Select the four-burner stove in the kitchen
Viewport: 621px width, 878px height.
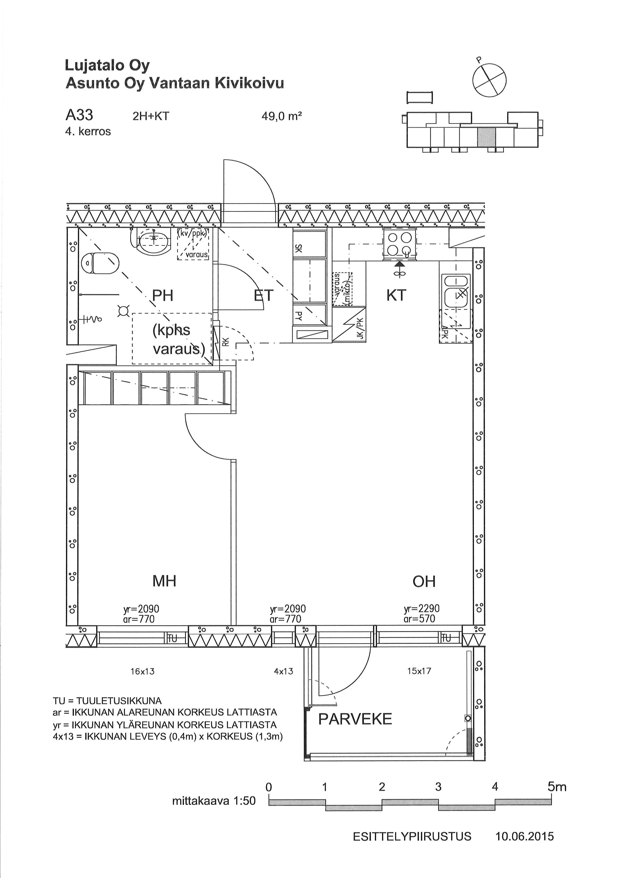coord(400,245)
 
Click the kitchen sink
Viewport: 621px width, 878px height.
coord(456,291)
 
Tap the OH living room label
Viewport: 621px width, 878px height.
coord(424,581)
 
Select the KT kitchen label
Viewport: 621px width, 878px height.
coord(396,295)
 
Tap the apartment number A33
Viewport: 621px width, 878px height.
coord(80,114)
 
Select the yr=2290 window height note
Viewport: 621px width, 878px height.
coord(422,608)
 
